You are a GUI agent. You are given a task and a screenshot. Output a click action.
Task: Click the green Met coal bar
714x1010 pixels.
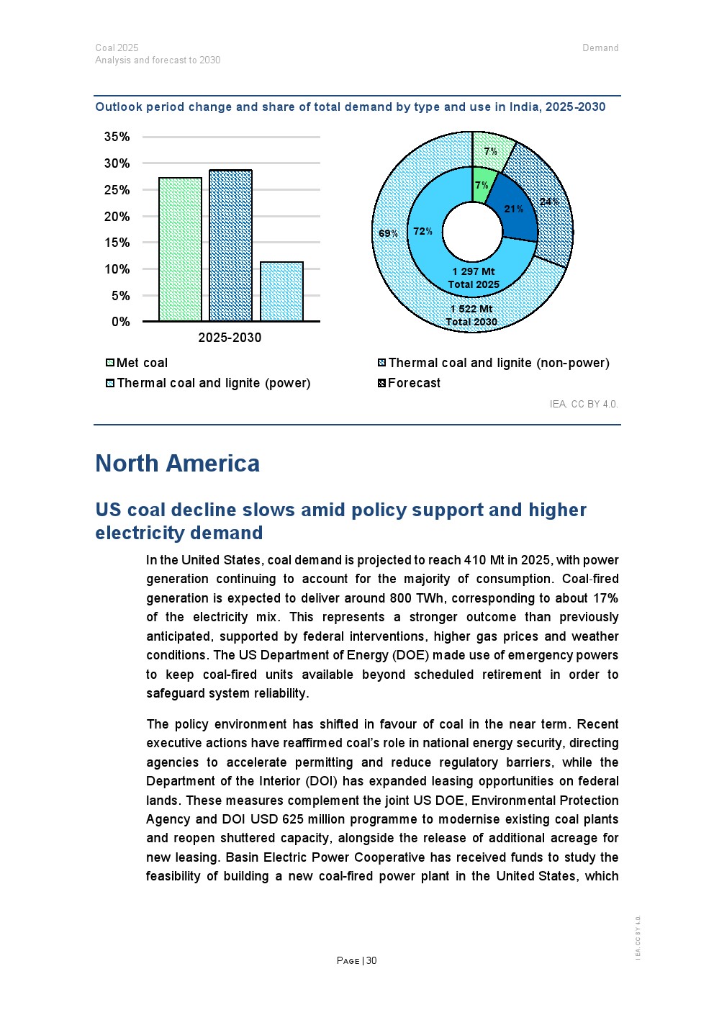tap(180, 249)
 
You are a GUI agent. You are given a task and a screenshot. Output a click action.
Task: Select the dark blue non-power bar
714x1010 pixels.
tap(230, 245)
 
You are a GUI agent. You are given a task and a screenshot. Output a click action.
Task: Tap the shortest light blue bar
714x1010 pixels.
tap(281, 292)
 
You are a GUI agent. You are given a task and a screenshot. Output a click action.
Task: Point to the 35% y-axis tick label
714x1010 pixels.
tap(117, 137)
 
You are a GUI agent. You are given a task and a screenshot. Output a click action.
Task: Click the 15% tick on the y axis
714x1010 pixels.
tap(117, 243)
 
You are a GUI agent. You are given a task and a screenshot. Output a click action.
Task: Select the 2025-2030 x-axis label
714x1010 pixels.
tap(230, 338)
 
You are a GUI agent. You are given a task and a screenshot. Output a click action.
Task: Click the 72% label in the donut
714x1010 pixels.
tap(422, 231)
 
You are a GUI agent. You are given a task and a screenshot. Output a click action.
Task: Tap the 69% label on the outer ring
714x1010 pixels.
tap(388, 233)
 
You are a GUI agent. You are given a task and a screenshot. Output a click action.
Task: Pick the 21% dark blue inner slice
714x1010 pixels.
tap(514, 209)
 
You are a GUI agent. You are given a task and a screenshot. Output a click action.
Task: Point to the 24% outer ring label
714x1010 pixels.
tap(549, 202)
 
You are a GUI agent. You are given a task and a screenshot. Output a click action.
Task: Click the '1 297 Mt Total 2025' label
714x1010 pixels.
tap(474, 278)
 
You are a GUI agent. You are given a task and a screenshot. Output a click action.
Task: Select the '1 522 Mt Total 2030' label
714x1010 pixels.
tap(471, 315)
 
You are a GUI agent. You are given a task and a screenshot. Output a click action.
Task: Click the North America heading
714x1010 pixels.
tap(178, 464)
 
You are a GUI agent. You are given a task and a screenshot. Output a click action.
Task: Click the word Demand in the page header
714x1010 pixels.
tap(600, 48)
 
